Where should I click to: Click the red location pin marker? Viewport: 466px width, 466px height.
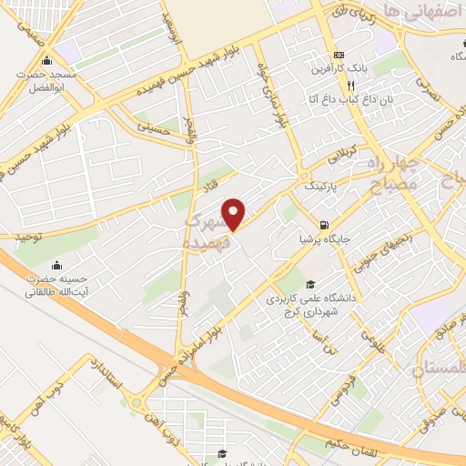(235, 214)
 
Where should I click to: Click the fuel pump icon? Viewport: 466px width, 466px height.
(324, 225)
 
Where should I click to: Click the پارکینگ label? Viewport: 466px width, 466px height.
(319, 186)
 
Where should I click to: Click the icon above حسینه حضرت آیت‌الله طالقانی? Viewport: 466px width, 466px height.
(58, 266)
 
